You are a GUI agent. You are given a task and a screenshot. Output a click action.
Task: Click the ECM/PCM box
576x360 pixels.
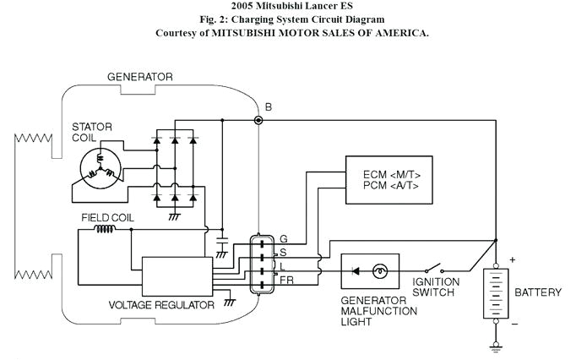389,179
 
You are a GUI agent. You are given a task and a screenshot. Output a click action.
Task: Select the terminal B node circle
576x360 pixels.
258,121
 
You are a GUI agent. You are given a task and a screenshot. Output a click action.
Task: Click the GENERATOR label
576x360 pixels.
140,77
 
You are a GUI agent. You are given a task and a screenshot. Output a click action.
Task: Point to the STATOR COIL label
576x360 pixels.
92,134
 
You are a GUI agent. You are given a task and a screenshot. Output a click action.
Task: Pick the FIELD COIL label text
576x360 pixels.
107,217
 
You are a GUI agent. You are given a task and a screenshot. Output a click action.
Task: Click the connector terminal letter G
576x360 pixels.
283,239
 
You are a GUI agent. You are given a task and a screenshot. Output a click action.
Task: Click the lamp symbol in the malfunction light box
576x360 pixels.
381,270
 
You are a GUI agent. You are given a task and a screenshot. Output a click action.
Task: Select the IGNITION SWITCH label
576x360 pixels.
435,287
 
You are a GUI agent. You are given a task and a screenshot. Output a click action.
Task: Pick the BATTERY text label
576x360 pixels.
538,292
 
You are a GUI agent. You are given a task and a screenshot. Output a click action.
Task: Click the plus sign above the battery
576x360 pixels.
512,259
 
